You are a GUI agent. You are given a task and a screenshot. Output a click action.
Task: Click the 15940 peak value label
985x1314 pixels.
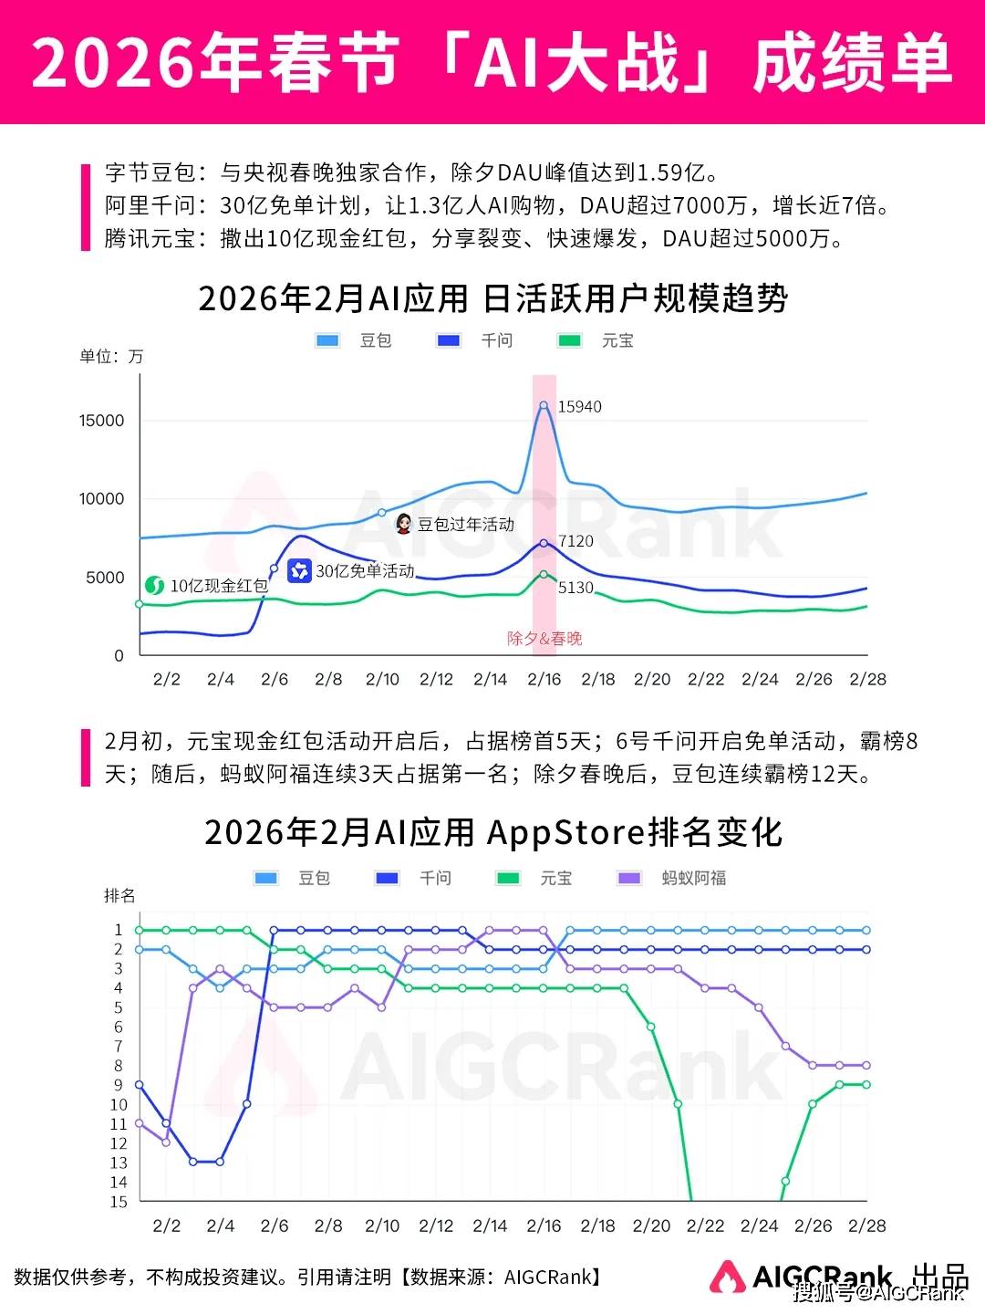tap(579, 407)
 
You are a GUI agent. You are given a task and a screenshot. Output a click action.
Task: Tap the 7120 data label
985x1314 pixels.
tap(575, 541)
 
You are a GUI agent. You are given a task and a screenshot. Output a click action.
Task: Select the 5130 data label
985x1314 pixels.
tap(575, 588)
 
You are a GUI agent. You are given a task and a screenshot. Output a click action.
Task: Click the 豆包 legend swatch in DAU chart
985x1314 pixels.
tap(327, 340)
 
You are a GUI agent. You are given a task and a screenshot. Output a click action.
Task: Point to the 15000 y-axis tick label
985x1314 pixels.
tap(101, 421)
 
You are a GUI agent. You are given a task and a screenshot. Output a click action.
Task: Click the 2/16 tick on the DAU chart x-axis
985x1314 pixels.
tap(544, 679)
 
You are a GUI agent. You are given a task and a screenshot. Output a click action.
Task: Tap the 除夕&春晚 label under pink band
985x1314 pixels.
tap(544, 639)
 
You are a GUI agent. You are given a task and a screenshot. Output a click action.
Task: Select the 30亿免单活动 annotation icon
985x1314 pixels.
tap(299, 571)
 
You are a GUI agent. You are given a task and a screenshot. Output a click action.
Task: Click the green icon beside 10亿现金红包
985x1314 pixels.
tap(154, 585)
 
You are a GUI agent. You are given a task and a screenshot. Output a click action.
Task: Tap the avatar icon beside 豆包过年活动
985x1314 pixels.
tap(403, 524)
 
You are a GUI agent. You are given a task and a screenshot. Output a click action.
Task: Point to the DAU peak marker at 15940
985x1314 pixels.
tap(544, 405)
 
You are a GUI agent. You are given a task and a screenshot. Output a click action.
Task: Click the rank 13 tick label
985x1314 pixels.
tap(119, 1163)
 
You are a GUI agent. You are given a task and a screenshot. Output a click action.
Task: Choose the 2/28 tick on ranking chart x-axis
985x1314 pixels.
tap(866, 1225)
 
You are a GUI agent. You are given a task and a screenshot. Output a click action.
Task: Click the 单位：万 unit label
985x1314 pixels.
tap(111, 357)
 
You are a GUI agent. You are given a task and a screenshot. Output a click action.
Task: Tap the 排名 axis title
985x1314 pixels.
tap(119, 896)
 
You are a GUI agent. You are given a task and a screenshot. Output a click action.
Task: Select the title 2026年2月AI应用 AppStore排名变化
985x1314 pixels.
tap(493, 832)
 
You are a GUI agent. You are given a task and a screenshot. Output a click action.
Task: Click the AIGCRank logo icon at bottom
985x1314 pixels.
tap(727, 1276)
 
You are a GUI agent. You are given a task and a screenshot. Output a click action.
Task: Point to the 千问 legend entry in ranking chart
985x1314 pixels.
tap(414, 878)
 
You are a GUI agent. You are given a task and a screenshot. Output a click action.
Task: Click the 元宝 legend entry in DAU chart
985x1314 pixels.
tap(596, 340)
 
